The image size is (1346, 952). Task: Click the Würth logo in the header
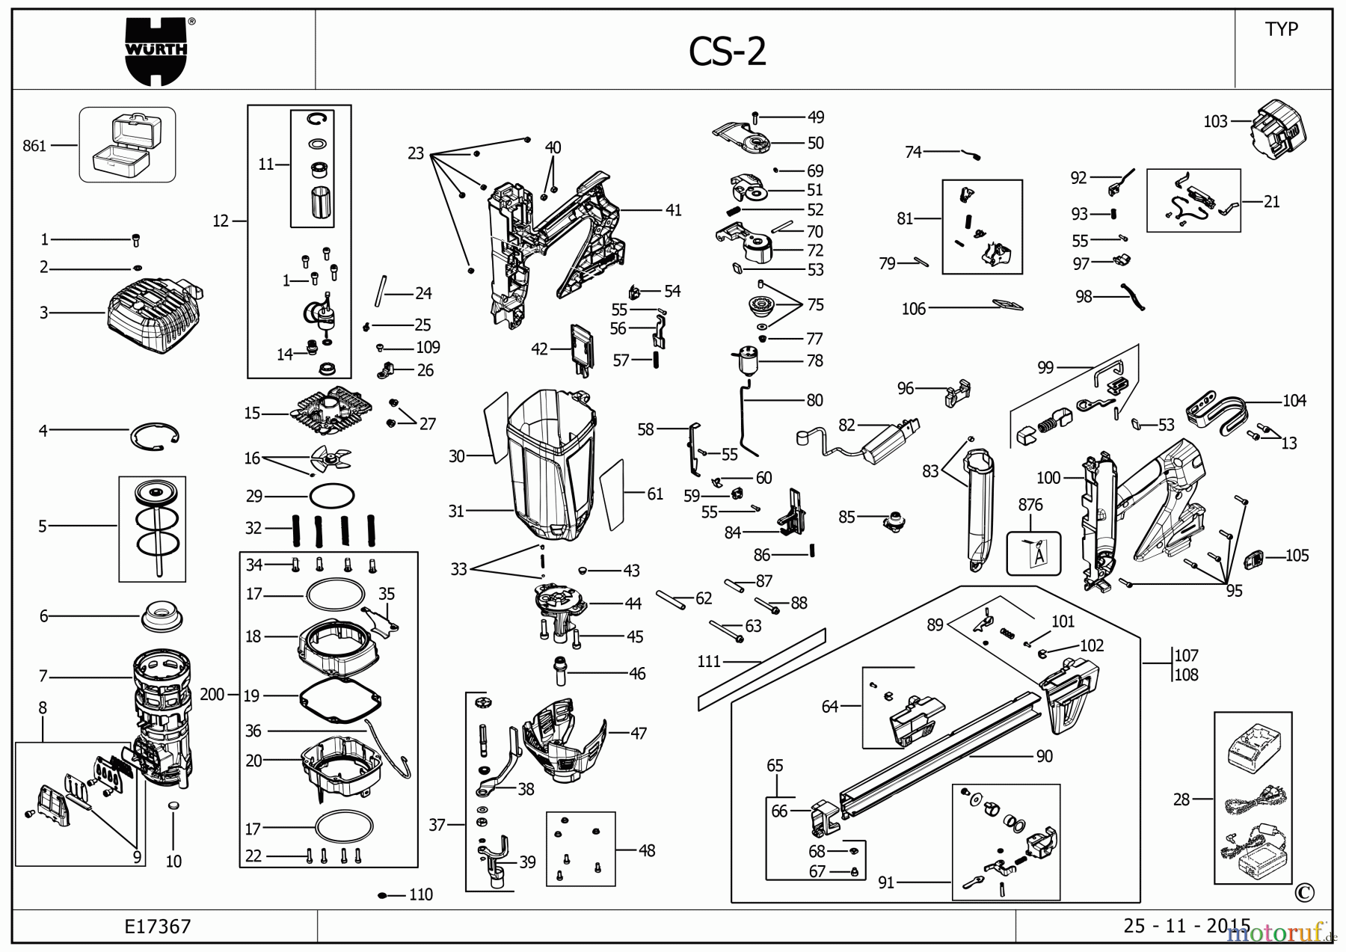(156, 51)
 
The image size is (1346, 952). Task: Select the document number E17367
(158, 927)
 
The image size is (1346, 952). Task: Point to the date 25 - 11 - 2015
(1186, 926)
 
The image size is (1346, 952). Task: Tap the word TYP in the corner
(1281, 29)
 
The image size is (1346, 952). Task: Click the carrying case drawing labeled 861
(127, 144)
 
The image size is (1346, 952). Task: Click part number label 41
(673, 210)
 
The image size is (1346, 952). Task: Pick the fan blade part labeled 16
(329, 458)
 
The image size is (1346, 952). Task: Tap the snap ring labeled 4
(156, 437)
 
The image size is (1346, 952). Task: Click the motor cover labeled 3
(153, 317)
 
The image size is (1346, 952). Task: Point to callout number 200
(212, 695)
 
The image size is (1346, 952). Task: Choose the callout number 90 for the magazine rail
(1044, 756)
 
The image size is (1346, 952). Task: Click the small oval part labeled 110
(383, 895)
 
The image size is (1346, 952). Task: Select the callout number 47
(638, 734)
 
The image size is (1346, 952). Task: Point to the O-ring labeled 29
(331, 495)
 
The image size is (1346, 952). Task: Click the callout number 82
(846, 425)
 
